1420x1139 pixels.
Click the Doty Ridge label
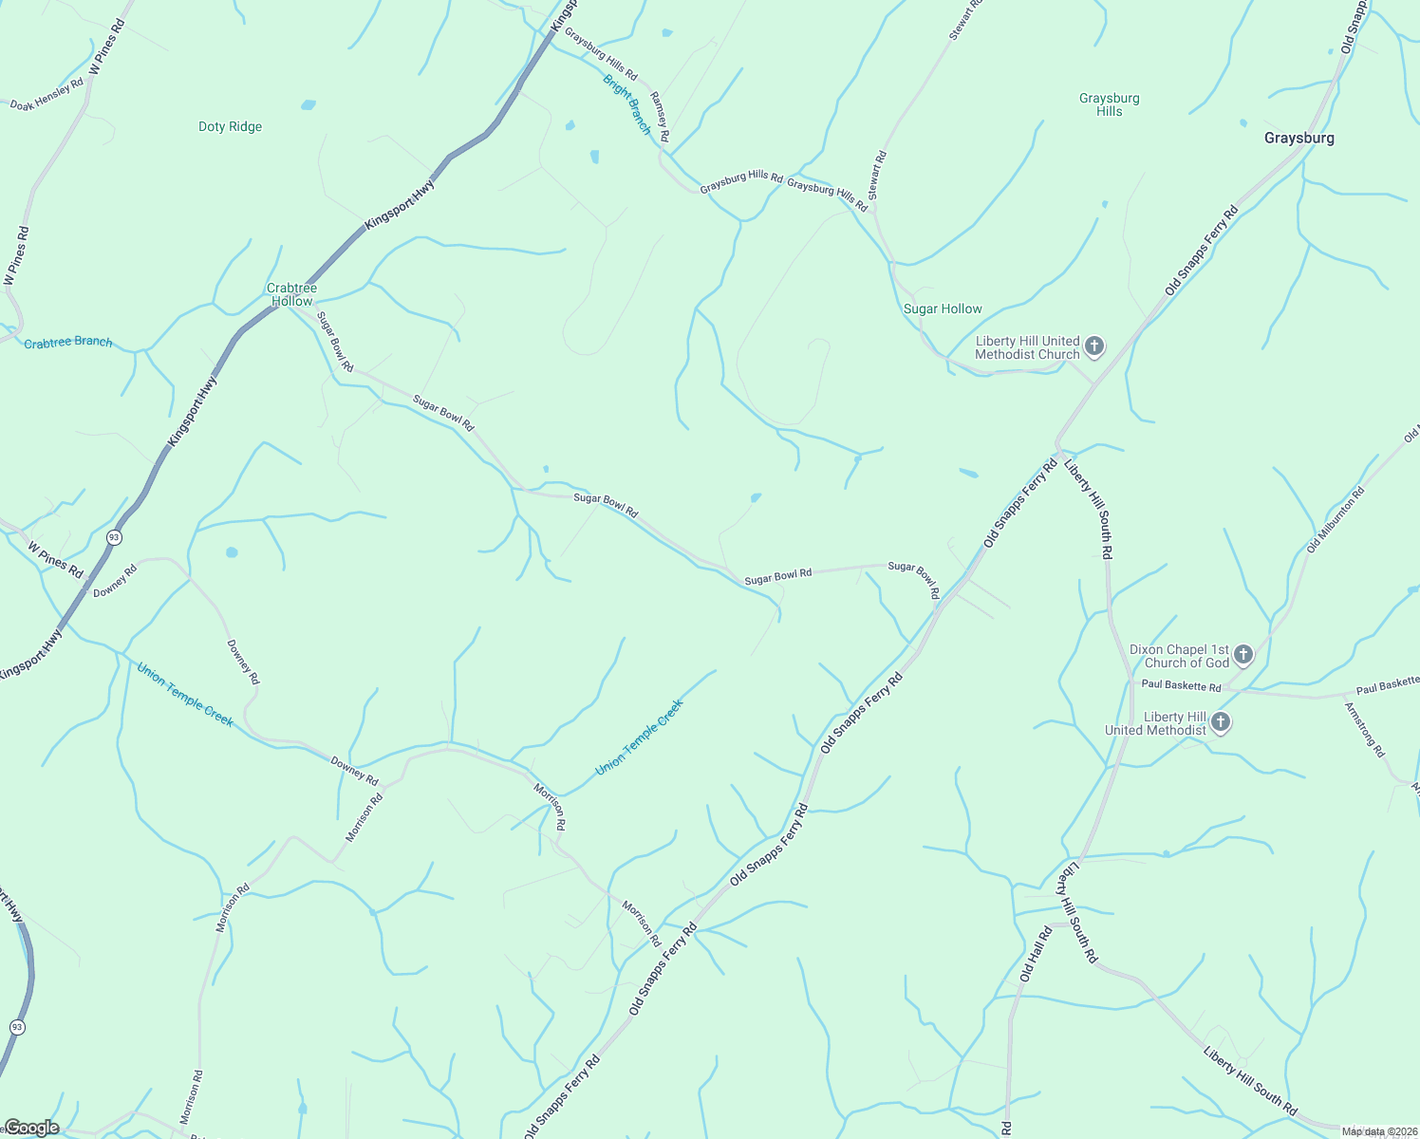[x=230, y=127]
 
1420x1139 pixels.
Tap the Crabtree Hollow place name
[x=291, y=294]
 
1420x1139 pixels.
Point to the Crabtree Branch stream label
[x=68, y=343]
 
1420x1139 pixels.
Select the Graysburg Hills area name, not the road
[x=1109, y=104]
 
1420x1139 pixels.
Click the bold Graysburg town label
[x=1299, y=139]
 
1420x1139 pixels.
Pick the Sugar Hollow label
[x=943, y=309]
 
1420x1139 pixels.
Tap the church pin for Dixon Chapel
[x=1242, y=654]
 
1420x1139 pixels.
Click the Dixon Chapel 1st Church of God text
[x=1179, y=657]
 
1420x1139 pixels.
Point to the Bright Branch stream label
[x=627, y=104]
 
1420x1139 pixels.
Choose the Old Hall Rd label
[x=1036, y=954]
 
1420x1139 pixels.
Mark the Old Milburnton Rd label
[x=1335, y=520]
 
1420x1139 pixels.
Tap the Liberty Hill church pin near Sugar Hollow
[x=1094, y=346]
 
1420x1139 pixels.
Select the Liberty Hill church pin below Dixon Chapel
[x=1221, y=723]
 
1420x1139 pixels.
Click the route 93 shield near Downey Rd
[x=114, y=537]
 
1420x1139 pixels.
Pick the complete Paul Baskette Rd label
[x=1181, y=685]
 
